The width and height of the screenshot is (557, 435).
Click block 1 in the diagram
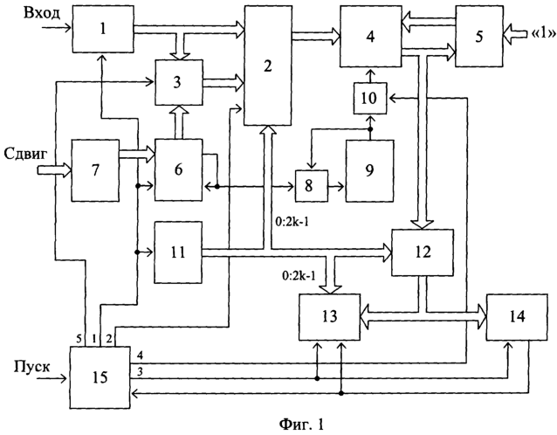[x=103, y=29]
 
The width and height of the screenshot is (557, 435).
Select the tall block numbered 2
[x=267, y=66]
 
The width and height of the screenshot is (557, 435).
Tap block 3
[x=179, y=82]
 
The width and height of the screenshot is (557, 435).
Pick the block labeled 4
[x=371, y=37]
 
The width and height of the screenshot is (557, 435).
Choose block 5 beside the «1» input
[x=479, y=37]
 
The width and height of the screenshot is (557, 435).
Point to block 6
[x=178, y=170]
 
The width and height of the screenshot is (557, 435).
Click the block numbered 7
[x=95, y=170]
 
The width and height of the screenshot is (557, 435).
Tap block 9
[x=370, y=171]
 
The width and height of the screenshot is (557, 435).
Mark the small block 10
[x=370, y=98]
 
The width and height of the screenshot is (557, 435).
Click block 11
[x=178, y=252]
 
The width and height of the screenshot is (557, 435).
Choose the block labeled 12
[x=423, y=252]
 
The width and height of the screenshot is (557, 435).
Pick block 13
[x=329, y=317]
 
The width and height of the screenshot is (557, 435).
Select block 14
[x=517, y=317]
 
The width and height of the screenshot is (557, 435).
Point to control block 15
[x=100, y=377]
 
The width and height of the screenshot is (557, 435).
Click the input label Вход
[x=42, y=13]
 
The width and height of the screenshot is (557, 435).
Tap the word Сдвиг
[x=25, y=155]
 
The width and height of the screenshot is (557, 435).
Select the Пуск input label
[x=32, y=366]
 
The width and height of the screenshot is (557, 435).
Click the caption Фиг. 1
[x=301, y=424]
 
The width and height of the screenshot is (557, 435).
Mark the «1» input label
[x=544, y=33]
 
